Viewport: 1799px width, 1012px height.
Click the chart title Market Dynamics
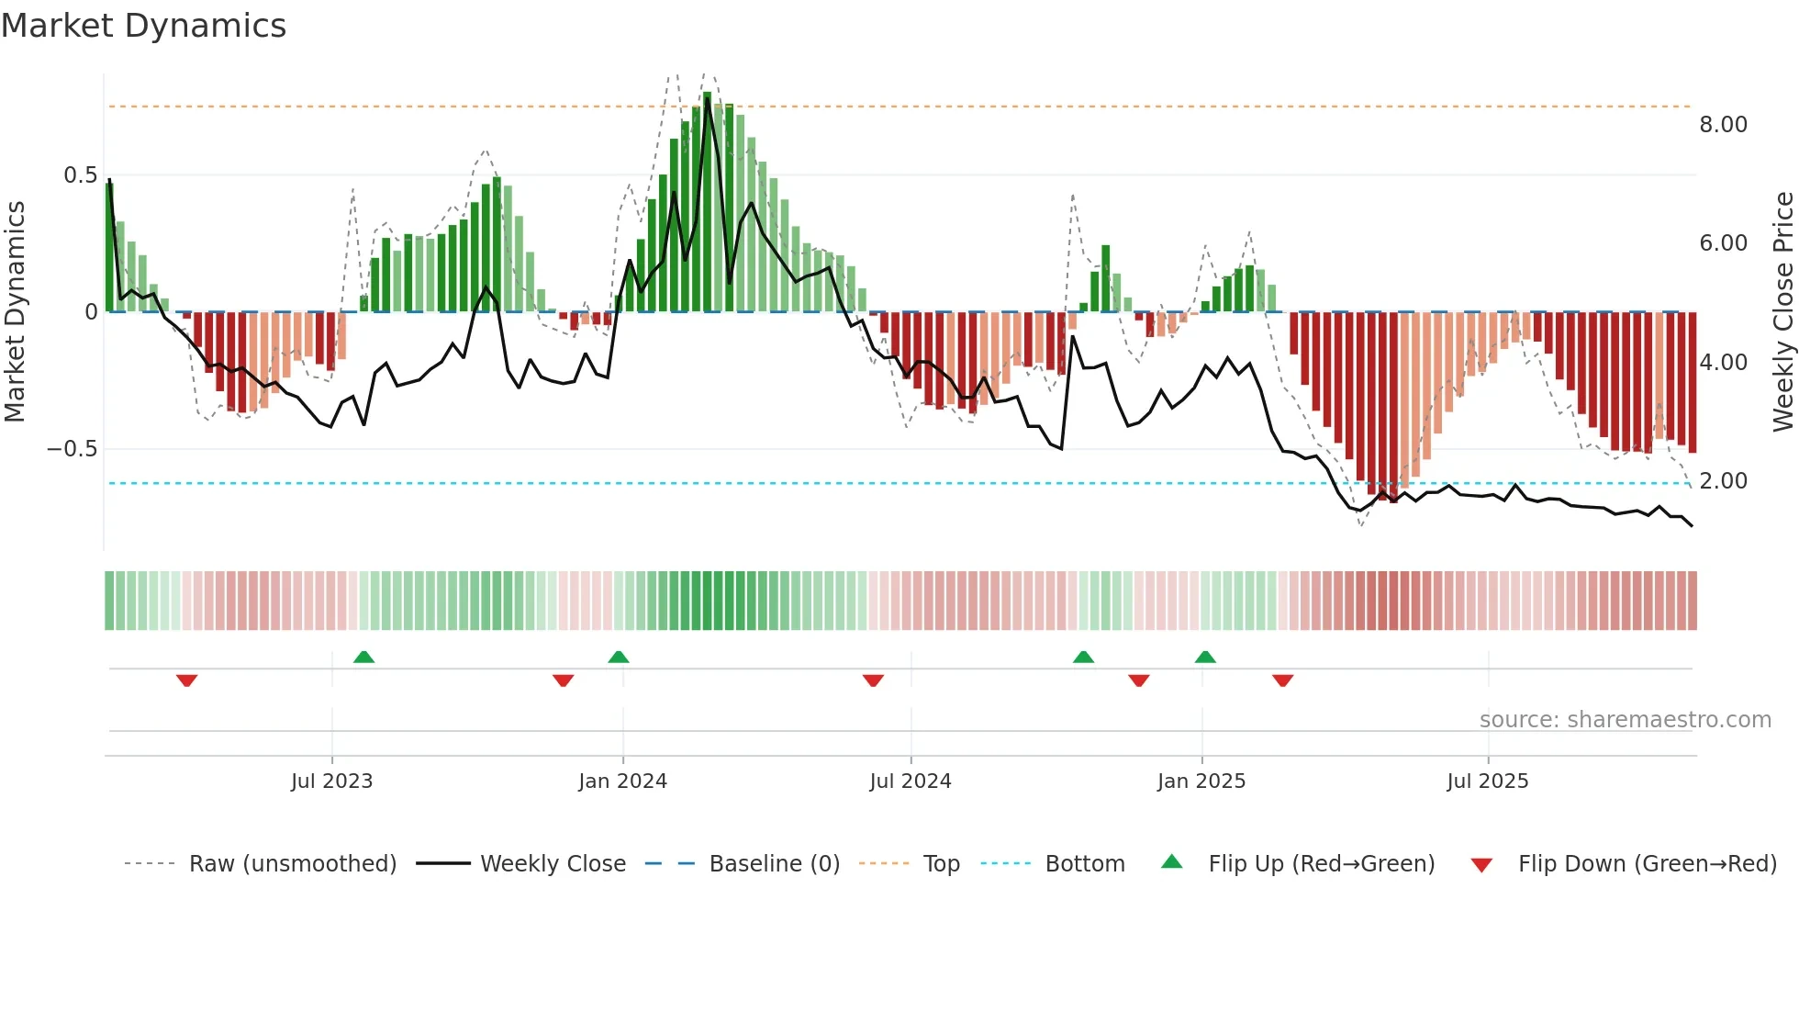pos(143,26)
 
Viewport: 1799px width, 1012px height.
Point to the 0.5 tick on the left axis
pos(80,175)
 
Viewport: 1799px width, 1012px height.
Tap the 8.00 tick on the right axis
pos(1723,125)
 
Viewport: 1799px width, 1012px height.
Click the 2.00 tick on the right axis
pos(1723,481)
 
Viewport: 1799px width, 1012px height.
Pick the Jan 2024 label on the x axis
pos(622,781)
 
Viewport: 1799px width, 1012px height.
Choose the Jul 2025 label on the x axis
pos(1487,781)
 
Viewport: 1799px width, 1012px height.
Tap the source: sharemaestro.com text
pos(1625,720)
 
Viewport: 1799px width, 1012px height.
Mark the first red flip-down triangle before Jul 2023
pos(186,680)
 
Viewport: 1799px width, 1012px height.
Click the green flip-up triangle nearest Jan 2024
pos(619,657)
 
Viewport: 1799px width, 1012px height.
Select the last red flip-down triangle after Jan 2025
pos(1282,680)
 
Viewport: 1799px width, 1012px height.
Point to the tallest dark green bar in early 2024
pos(707,202)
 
